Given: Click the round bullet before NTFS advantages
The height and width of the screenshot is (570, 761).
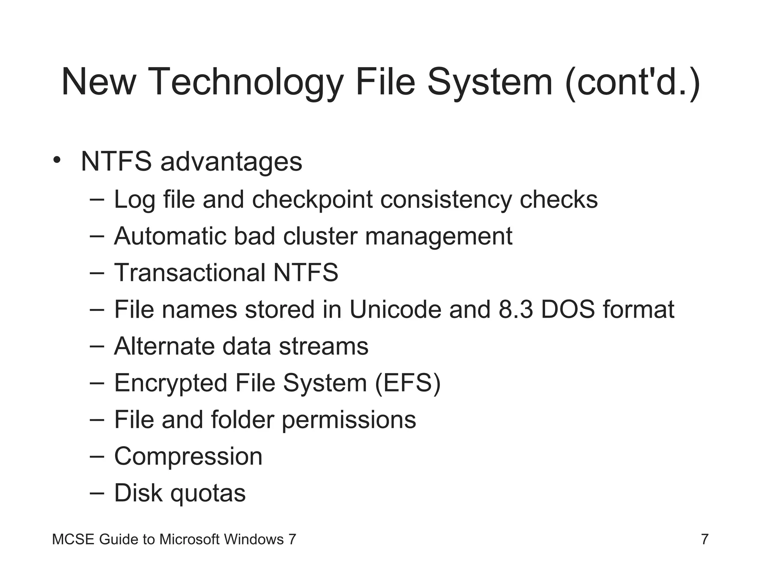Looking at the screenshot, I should pyautogui.click(x=56, y=160).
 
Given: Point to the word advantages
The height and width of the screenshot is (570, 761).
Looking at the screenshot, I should pyautogui.click(x=231, y=162).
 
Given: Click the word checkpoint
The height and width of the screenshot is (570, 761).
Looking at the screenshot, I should pyautogui.click(x=312, y=200).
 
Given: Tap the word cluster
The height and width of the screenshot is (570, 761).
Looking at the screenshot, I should pyautogui.click(x=320, y=236).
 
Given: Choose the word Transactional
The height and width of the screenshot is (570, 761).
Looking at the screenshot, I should pyautogui.click(x=190, y=272).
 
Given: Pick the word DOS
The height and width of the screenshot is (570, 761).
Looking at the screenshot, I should pyautogui.click(x=568, y=309).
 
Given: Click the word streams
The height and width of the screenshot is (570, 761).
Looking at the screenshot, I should pyautogui.click(x=323, y=346).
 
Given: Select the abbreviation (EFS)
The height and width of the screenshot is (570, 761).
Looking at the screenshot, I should pyautogui.click(x=408, y=383).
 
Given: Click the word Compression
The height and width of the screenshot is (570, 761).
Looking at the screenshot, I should pyautogui.click(x=188, y=456).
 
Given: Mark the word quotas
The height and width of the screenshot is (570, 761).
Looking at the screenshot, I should pyautogui.click(x=208, y=493).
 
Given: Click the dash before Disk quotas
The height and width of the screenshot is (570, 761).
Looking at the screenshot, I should pyautogui.click(x=97, y=493).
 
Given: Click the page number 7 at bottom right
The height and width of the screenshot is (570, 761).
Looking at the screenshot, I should pyautogui.click(x=705, y=539).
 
